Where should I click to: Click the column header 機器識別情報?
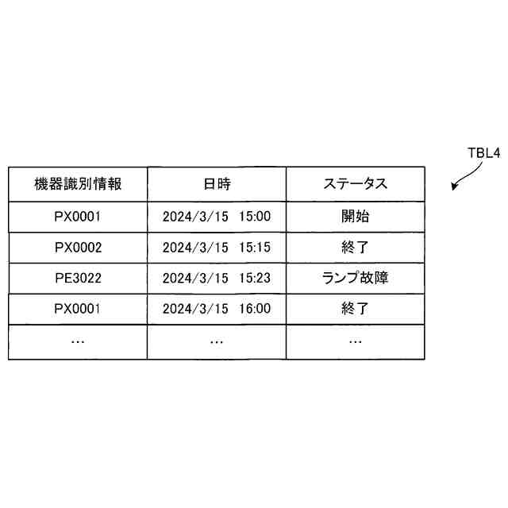coord(78,184)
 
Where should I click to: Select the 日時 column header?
coord(216,184)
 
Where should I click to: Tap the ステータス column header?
coord(355,184)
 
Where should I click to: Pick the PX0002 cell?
coord(78,247)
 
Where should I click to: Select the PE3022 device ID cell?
coord(78,278)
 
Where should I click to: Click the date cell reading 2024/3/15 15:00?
coord(216,216)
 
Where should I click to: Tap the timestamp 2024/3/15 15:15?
coord(216,247)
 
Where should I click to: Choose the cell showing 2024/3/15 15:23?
coord(216,278)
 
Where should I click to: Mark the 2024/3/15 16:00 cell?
coord(216,309)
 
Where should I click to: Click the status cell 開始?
coord(355,216)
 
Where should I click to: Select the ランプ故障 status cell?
coord(355,278)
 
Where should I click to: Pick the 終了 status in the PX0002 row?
coord(355,247)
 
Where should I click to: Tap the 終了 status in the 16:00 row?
coord(355,309)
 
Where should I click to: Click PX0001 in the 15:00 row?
coord(78,216)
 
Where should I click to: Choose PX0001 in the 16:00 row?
coord(78,309)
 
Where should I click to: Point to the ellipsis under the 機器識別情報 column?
coord(78,341)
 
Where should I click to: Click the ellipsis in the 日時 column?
coord(216,341)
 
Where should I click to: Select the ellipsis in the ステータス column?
coord(355,341)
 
